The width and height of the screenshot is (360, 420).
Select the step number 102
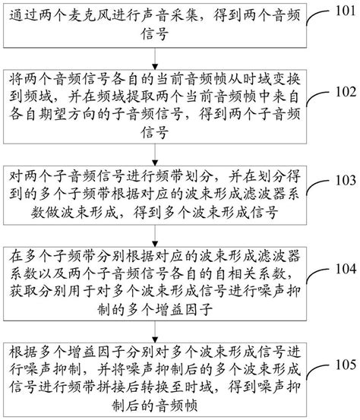(x=339, y=92)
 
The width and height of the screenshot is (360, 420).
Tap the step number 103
(x=339, y=181)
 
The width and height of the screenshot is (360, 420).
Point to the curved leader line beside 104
(x=317, y=274)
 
